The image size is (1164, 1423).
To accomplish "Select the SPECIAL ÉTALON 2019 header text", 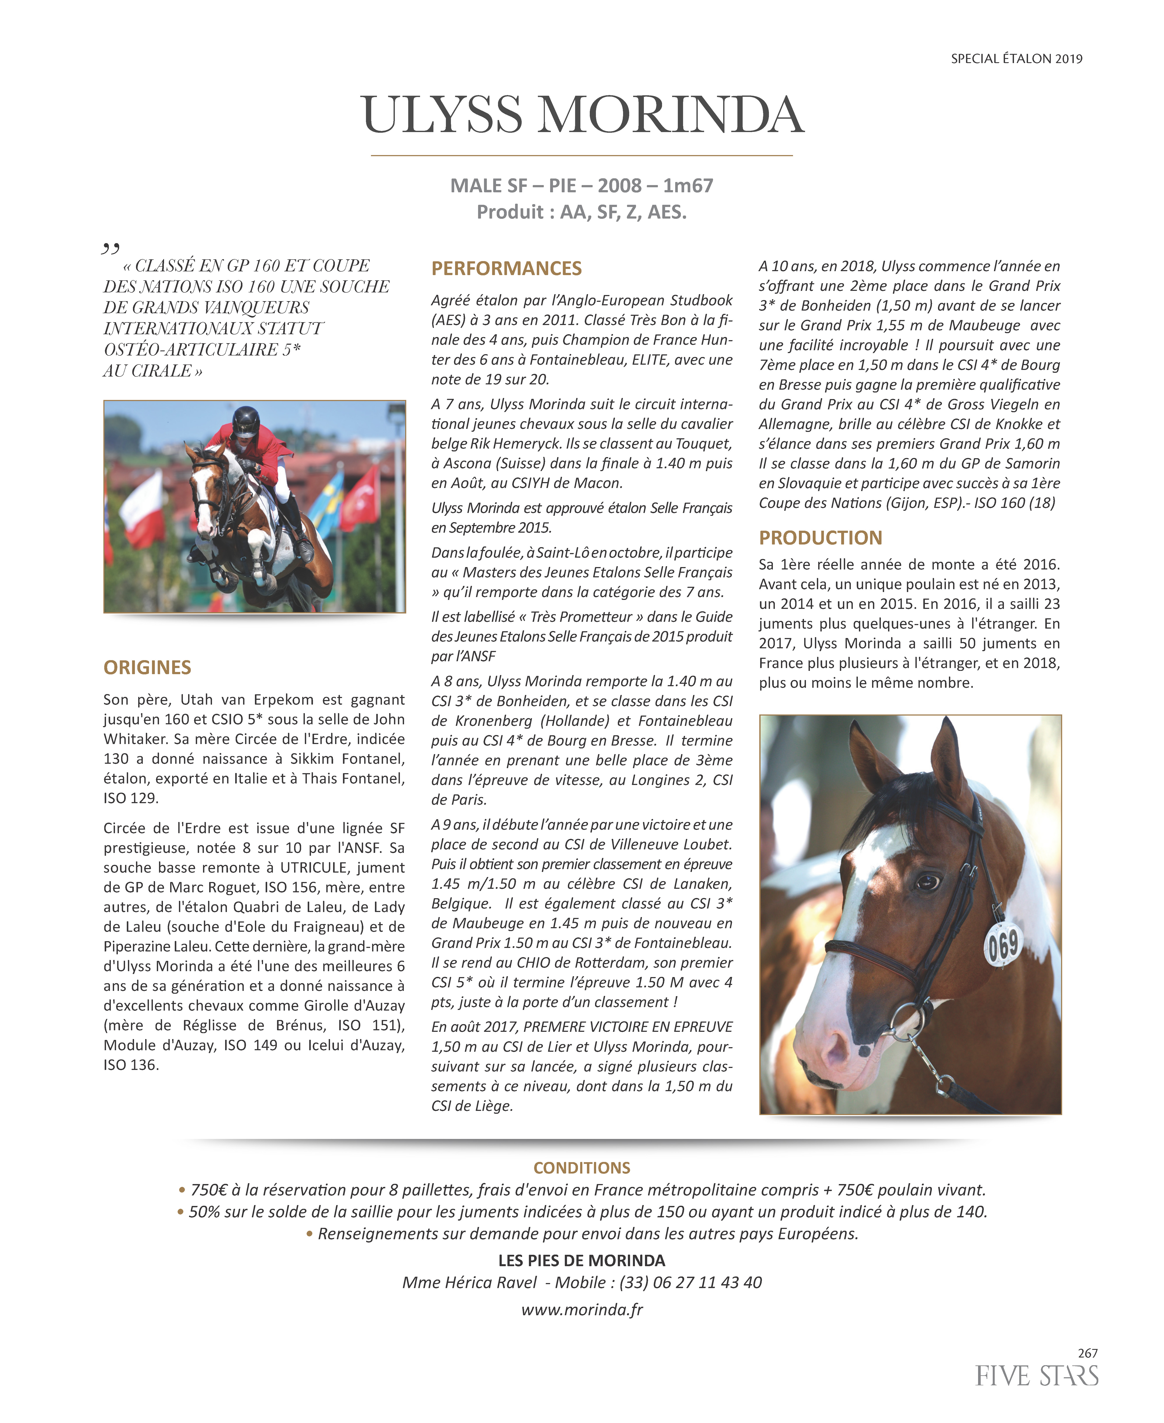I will pyautogui.click(x=1016, y=59).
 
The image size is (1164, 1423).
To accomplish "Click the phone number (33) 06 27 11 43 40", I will pyautogui.click(x=691, y=1282).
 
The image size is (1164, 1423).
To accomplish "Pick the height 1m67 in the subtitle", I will pyautogui.click(x=688, y=186).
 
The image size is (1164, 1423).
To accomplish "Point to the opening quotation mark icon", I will pyautogui.click(x=111, y=249).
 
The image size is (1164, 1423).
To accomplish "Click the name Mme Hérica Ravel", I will pyautogui.click(x=469, y=1282).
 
